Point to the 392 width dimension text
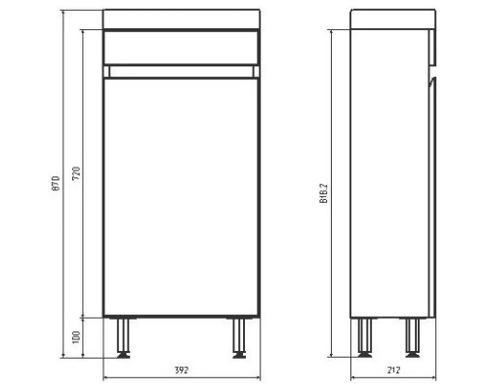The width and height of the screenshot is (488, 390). coord(182,371)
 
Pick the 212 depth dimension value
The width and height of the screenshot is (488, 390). coord(392,371)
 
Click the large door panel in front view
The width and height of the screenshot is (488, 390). coord(182,195)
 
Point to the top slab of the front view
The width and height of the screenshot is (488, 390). coord(182,19)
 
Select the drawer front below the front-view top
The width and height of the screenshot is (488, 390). coord(182,46)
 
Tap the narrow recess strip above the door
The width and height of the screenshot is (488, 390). coord(182,70)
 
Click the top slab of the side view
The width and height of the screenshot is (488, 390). coord(391,19)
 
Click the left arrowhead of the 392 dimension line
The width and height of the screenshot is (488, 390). coord(105,379)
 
